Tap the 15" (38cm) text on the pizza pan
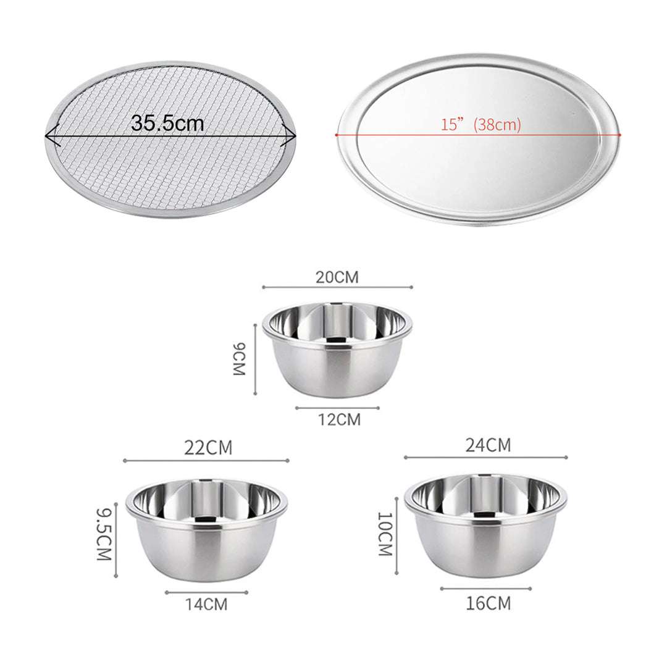[481, 125]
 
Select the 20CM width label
[337, 277]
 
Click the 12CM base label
[338, 420]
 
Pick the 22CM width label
[208, 448]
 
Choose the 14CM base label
[206, 604]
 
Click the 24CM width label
[488, 445]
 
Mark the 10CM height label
[385, 534]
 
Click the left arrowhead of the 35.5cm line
[51, 134]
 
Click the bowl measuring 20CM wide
[337, 349]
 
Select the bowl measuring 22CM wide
[206, 530]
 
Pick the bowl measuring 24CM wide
[485, 526]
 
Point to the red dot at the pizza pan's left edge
[337, 134]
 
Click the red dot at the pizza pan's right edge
[619, 134]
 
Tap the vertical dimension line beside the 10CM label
[396, 534]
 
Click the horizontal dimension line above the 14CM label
[206, 592]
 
